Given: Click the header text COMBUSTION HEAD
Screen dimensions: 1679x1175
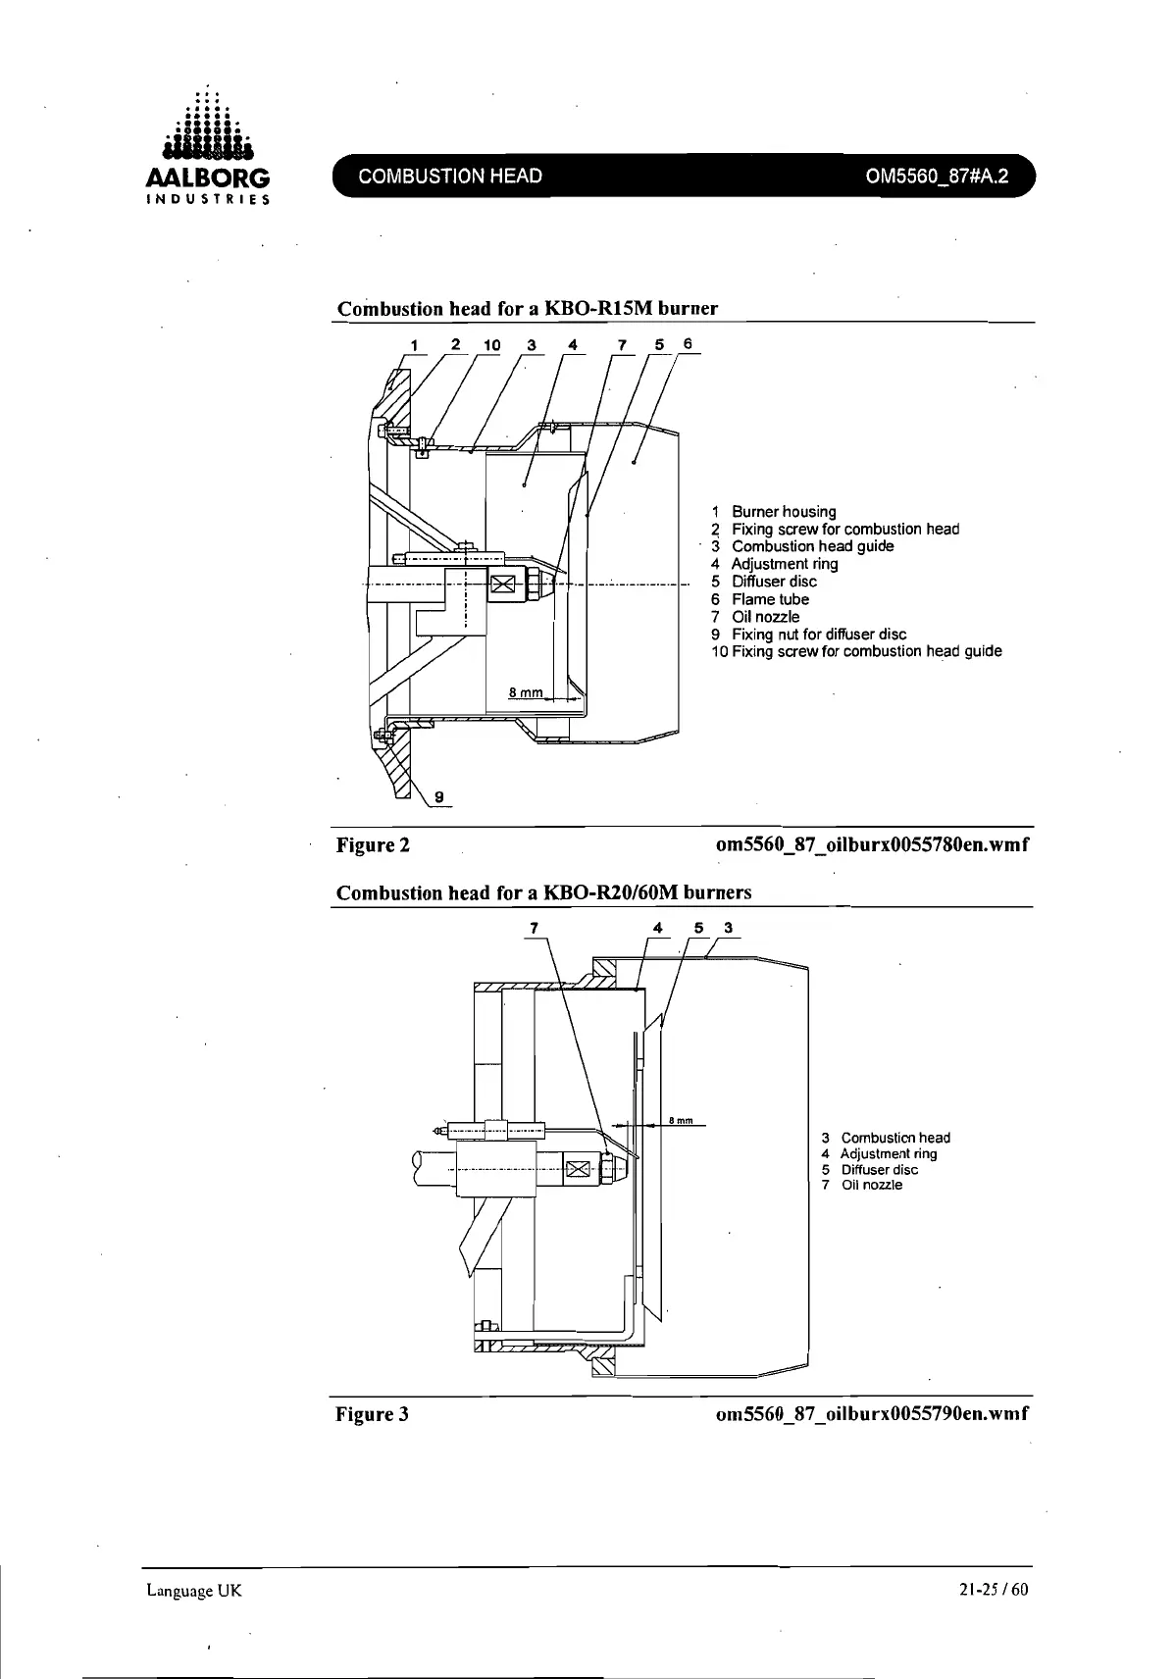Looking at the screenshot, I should coord(450,177).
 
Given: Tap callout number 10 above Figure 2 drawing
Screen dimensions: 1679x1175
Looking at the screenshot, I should coord(491,345).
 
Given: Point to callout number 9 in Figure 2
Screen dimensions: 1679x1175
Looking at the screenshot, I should coord(439,796).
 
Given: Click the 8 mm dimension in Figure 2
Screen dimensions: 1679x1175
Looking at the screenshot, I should coord(526,693).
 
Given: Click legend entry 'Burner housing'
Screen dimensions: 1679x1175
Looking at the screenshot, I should coord(784,512).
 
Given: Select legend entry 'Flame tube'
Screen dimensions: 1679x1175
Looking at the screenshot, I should coord(770,599).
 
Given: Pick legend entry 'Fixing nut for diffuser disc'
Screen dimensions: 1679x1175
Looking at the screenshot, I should coord(819,635).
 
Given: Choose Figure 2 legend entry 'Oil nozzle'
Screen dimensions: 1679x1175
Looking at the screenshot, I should coord(765,617).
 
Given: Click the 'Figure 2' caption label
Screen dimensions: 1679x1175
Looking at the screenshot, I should coord(373,845).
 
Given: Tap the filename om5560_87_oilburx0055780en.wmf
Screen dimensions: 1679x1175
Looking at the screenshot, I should coord(873,845).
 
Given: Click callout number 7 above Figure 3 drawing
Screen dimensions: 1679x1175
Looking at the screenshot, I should coord(535,927).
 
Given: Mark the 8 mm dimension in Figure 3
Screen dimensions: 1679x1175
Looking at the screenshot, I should coord(681,1120).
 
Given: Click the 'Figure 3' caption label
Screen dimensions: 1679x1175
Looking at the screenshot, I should coord(373,1414).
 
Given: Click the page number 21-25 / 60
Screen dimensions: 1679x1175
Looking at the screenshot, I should coord(994,1590).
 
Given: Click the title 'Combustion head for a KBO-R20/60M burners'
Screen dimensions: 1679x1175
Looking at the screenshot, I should coord(544,893).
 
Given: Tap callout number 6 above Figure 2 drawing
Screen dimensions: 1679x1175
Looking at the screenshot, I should coord(688,343).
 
